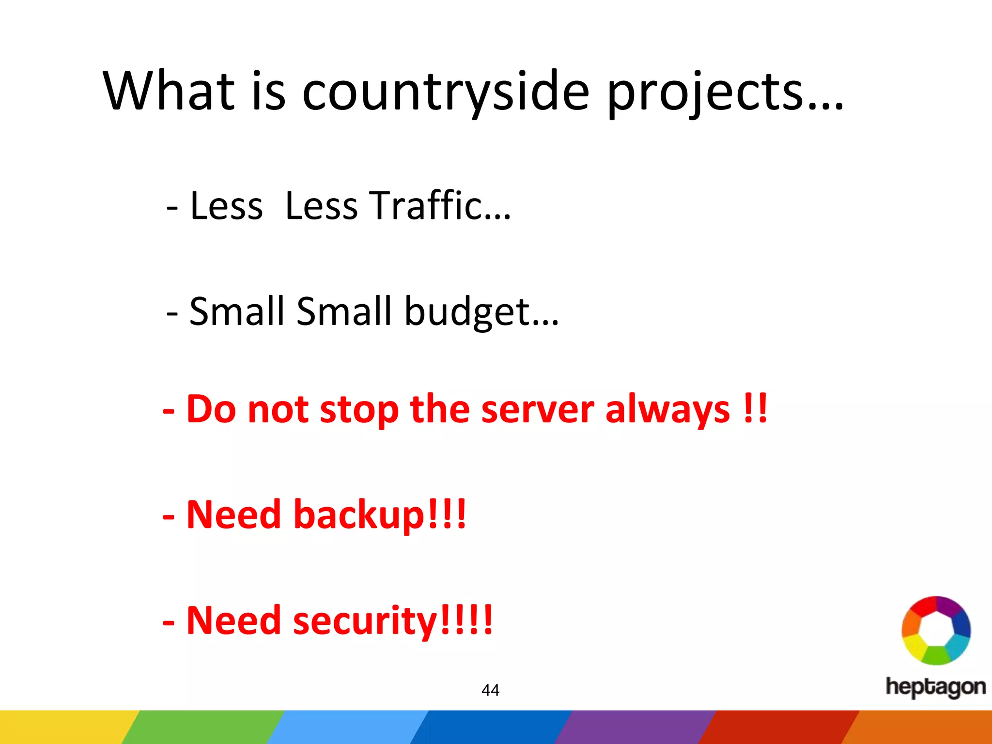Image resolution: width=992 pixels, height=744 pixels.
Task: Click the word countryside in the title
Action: [x=446, y=92]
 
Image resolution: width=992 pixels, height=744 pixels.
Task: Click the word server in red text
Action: [x=538, y=409]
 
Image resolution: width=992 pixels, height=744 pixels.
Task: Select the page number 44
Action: [x=490, y=690]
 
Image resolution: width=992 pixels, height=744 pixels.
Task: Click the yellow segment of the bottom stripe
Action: [x=63, y=727]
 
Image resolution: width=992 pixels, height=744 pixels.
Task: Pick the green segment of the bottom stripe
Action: [x=203, y=727]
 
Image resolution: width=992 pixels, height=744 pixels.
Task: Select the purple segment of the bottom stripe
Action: [x=635, y=727]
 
